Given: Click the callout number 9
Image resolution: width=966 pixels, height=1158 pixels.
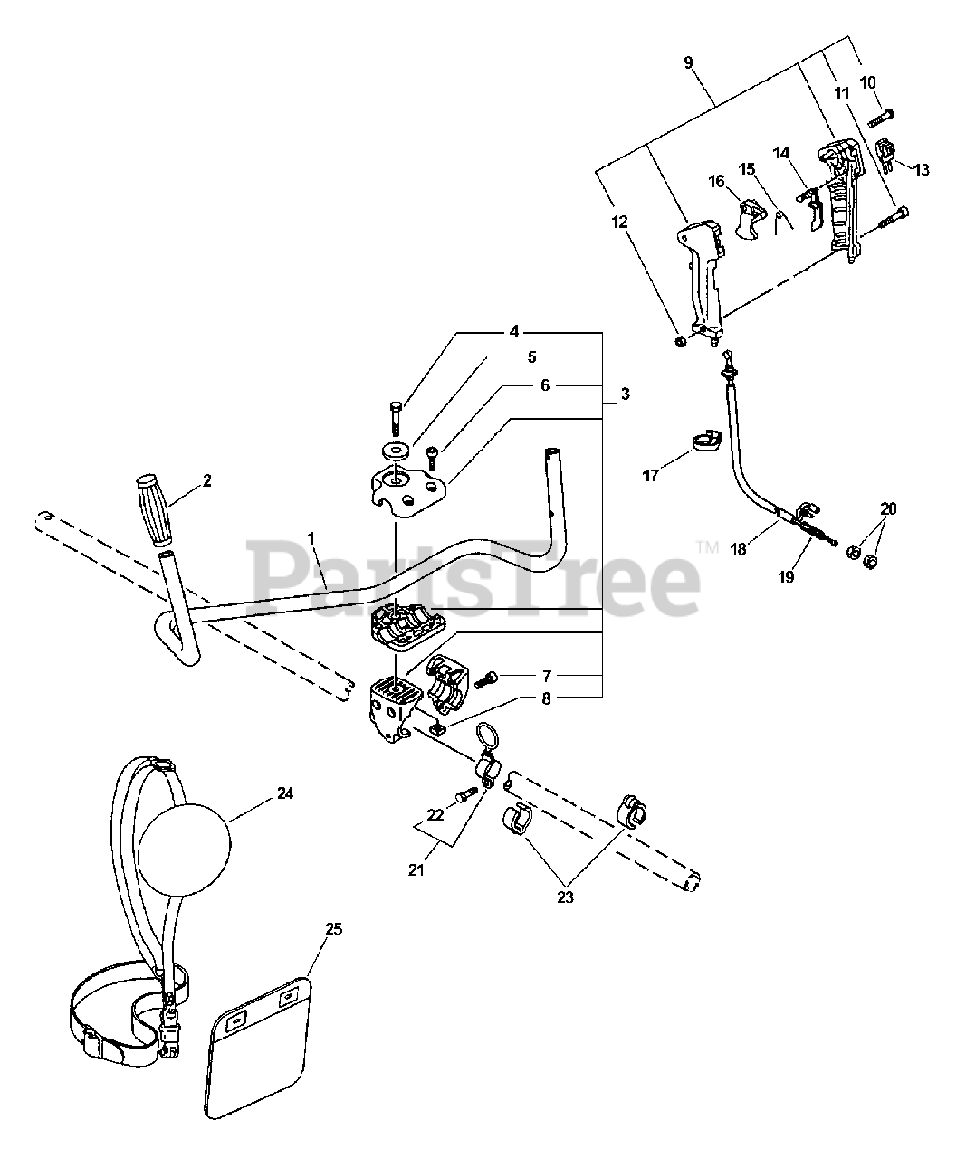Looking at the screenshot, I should click(689, 63).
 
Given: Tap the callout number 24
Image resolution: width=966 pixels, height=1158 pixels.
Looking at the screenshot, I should click(286, 793).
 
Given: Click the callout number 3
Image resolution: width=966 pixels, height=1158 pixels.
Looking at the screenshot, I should click(626, 395).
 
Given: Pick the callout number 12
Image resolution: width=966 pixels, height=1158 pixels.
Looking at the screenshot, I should click(618, 220).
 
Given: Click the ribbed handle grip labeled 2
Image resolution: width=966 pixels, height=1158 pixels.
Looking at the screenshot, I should click(157, 509).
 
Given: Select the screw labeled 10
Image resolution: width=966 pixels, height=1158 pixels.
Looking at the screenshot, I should click(881, 118).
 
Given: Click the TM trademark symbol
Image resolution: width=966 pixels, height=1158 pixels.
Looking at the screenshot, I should click(707, 546).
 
